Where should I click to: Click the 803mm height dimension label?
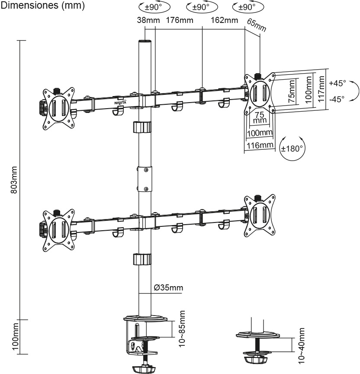tap(14, 180)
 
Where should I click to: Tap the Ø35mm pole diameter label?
tap(168, 287)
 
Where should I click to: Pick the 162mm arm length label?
tap(225, 20)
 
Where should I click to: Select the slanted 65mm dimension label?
tap(257, 25)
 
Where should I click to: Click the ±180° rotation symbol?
tap(292, 148)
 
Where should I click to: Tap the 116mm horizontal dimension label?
tap(260, 145)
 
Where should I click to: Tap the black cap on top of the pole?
tap(145, 42)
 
